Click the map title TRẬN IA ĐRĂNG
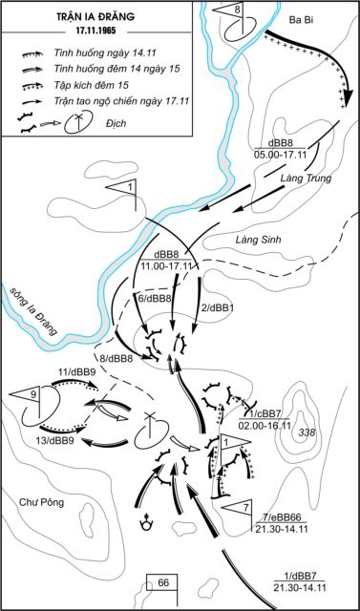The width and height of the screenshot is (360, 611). point(96,17)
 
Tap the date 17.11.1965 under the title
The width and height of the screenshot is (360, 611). point(96,31)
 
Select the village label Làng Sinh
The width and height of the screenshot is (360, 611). point(260,241)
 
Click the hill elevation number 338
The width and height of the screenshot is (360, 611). point(306,432)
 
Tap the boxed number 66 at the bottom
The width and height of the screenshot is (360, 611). point(163,583)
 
